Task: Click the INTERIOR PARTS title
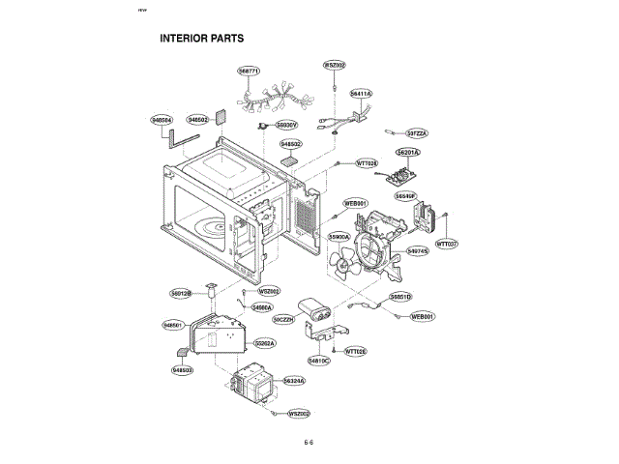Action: click(x=201, y=40)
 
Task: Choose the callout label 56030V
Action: click(x=287, y=125)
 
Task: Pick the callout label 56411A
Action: click(x=361, y=94)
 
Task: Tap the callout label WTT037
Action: click(x=447, y=244)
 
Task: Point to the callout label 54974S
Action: click(x=418, y=251)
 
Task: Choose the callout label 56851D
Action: click(x=401, y=296)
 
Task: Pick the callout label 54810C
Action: click(x=319, y=360)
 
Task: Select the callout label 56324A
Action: click(x=294, y=381)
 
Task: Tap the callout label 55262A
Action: click(x=265, y=343)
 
